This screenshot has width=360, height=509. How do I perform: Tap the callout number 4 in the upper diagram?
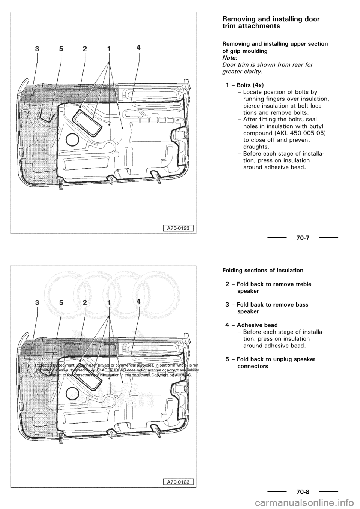pos(139,48)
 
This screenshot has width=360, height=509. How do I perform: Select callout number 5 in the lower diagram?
pos(60,303)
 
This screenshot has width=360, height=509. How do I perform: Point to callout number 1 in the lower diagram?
pos(109,303)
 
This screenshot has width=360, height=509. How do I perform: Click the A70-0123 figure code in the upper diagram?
pos(178,227)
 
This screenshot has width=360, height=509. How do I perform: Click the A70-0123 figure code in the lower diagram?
pos(178,481)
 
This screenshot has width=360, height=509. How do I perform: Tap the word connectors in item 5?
pos(253,366)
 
